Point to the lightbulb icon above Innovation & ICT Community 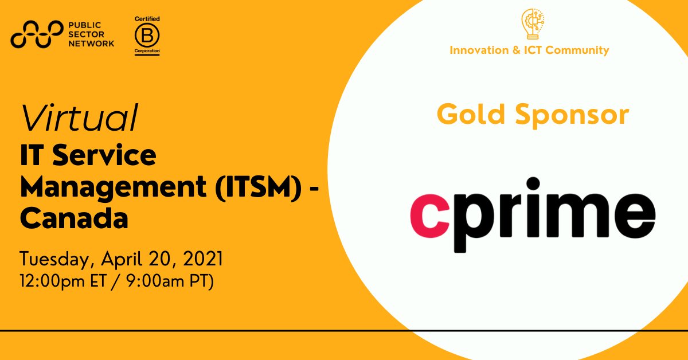529,24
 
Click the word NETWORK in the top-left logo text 91,43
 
